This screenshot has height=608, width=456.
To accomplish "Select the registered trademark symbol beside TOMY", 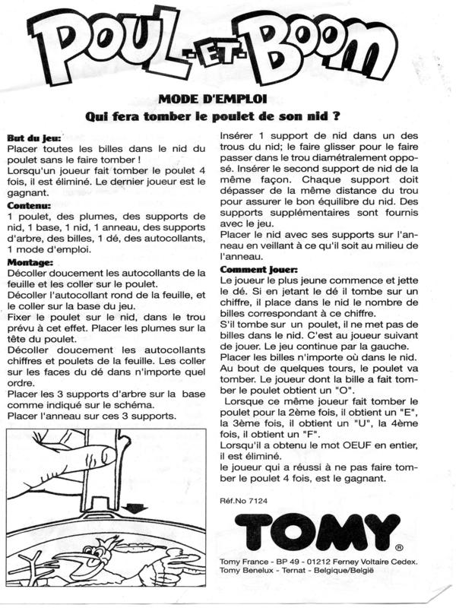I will coord(400,546).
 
